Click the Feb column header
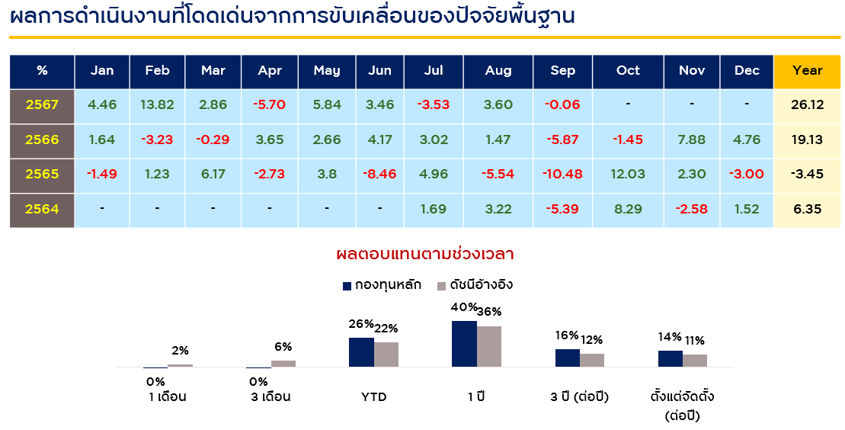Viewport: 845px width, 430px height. (x=158, y=71)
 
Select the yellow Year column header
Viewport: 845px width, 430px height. (x=807, y=71)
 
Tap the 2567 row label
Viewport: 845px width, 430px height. (x=42, y=105)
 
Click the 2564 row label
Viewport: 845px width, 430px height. (x=42, y=210)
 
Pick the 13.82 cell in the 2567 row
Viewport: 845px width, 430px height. (x=158, y=105)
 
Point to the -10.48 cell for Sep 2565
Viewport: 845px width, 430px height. (x=562, y=175)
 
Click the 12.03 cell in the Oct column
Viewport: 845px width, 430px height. (x=628, y=175)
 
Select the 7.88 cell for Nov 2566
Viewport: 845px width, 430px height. (x=692, y=140)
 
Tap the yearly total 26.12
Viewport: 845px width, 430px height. (x=807, y=105)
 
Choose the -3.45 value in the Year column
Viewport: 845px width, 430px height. (x=807, y=175)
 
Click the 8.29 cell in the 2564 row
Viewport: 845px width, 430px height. (x=628, y=210)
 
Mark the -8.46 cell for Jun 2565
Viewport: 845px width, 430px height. (x=380, y=175)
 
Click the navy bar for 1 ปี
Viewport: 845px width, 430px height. (x=464, y=344)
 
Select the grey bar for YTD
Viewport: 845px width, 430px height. (x=386, y=355)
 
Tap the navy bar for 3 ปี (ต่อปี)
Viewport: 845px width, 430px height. (x=568, y=358)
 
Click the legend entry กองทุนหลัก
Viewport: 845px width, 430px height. (x=382, y=285)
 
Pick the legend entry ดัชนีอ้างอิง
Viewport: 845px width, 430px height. (x=474, y=285)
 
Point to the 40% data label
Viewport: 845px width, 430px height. (x=465, y=308)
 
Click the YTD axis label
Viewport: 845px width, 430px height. (x=374, y=397)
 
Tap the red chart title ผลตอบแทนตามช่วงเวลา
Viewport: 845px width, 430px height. (x=424, y=254)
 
